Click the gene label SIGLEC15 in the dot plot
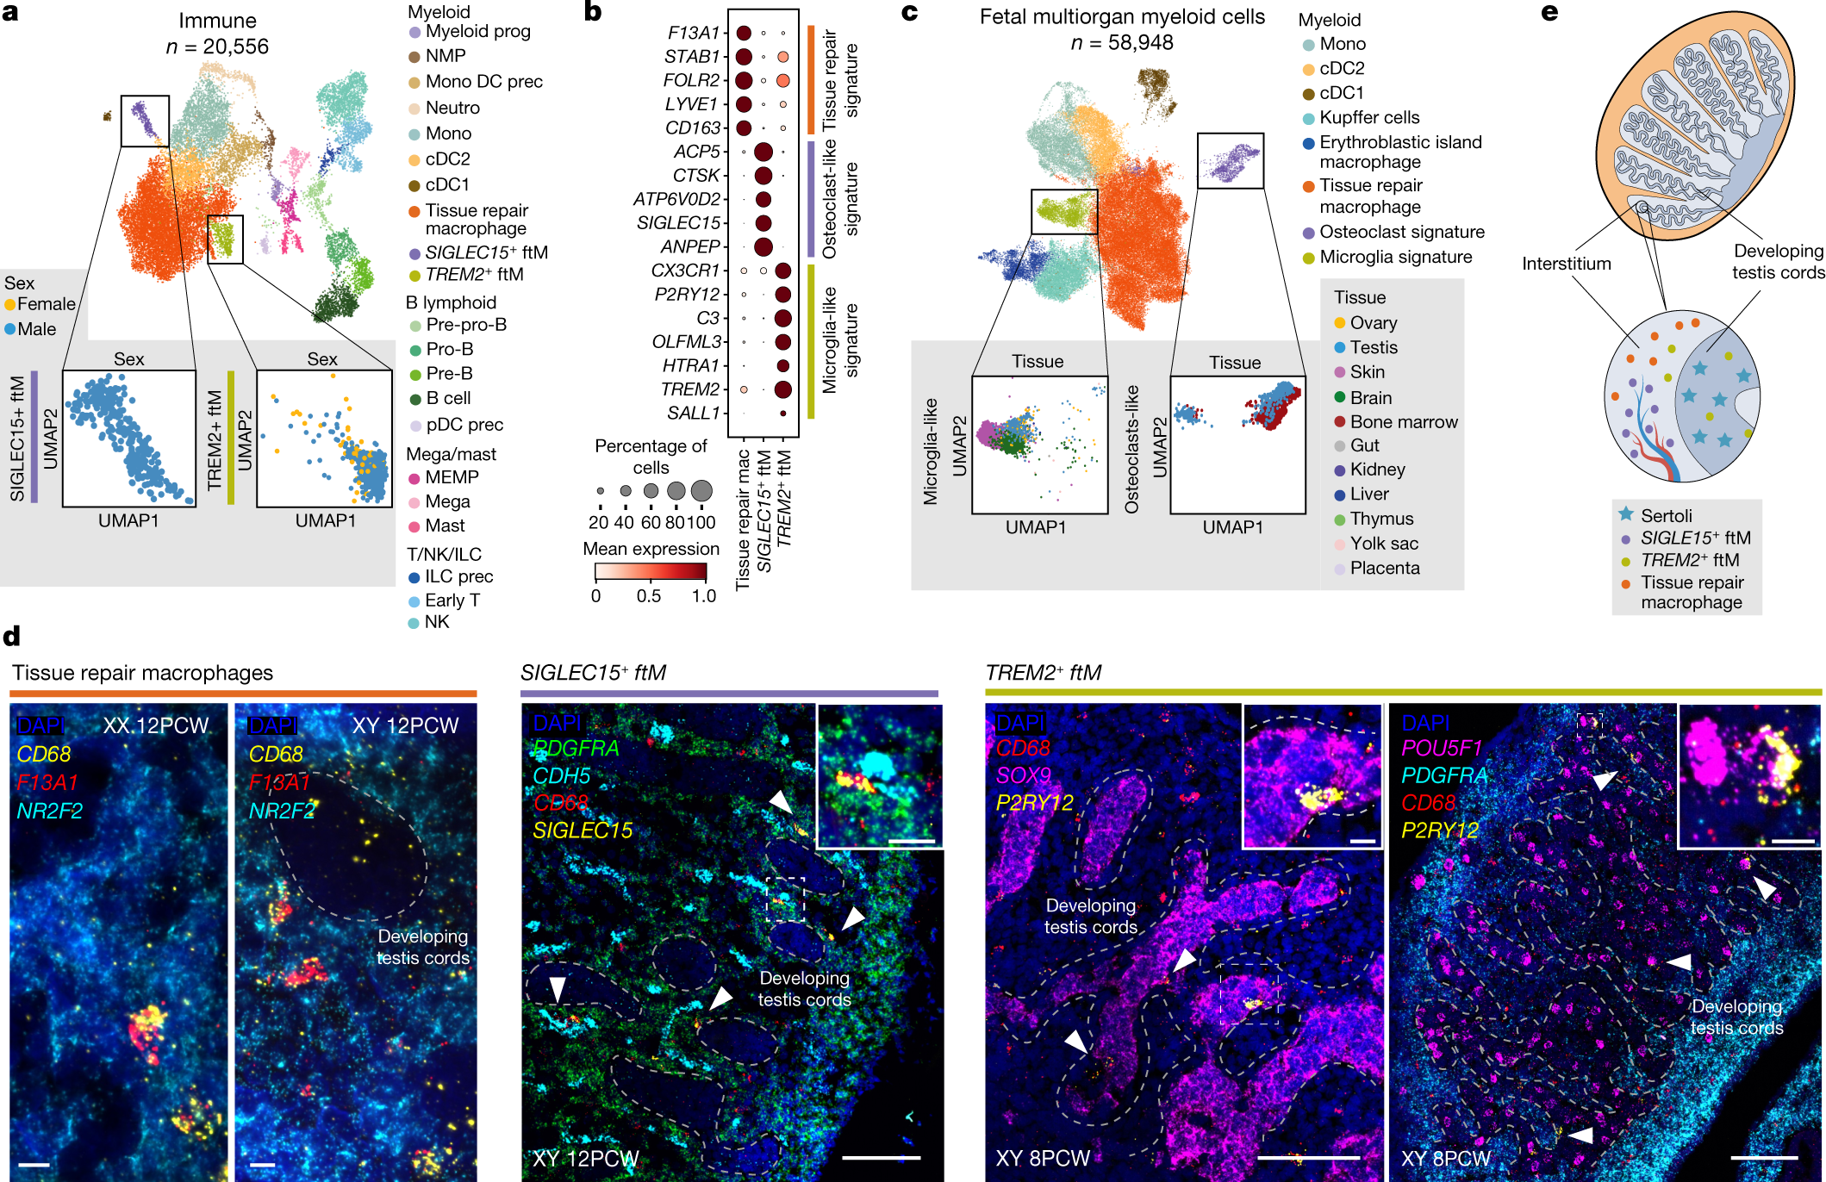(677, 223)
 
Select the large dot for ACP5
(763, 152)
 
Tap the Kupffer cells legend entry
(1368, 117)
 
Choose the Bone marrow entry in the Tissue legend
(1403, 422)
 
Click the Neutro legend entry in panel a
(452, 108)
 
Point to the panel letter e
(1549, 12)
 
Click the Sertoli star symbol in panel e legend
(1625, 514)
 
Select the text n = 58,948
(1121, 42)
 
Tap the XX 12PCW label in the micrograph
(156, 725)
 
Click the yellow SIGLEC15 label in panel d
(583, 831)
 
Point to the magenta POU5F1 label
(1441, 748)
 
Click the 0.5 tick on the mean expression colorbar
(649, 596)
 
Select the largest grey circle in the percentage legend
(701, 491)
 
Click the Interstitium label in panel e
(1566, 264)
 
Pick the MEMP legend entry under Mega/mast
(451, 477)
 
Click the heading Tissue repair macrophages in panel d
(142, 673)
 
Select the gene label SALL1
(693, 414)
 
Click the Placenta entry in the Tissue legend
(1384, 569)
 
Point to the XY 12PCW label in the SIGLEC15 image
(585, 1159)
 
